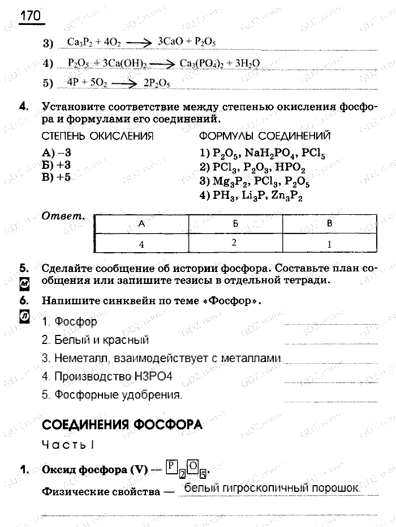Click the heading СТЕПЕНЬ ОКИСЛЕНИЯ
(x=98, y=137)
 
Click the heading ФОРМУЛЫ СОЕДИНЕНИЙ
(x=265, y=137)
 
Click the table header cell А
(x=142, y=224)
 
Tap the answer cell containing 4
(x=142, y=244)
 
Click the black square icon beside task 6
(x=24, y=317)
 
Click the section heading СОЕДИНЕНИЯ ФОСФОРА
(x=122, y=424)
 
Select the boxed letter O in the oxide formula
(x=192, y=467)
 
